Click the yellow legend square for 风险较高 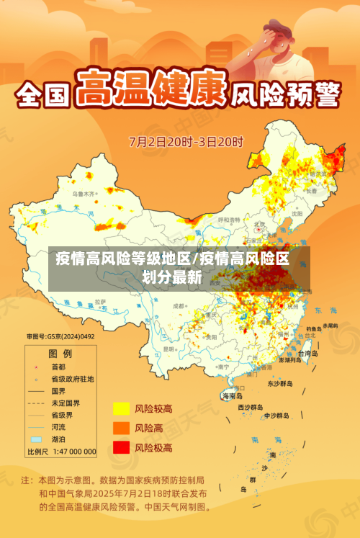(x=121, y=408)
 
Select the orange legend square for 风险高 (x=121, y=428)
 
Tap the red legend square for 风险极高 (x=121, y=447)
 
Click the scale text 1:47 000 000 (x=72, y=452)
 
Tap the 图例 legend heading (x=60, y=354)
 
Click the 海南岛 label (x=233, y=395)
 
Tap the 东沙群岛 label (x=280, y=383)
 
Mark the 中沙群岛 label (x=276, y=416)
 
